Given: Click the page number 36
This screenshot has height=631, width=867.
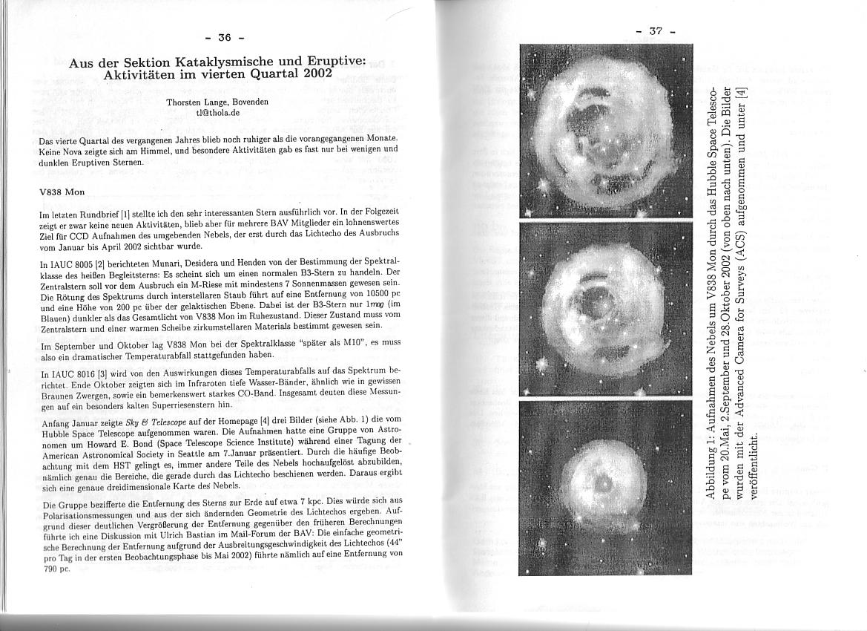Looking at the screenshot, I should tap(225, 37).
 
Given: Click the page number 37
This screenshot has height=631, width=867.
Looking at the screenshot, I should tap(655, 30).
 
